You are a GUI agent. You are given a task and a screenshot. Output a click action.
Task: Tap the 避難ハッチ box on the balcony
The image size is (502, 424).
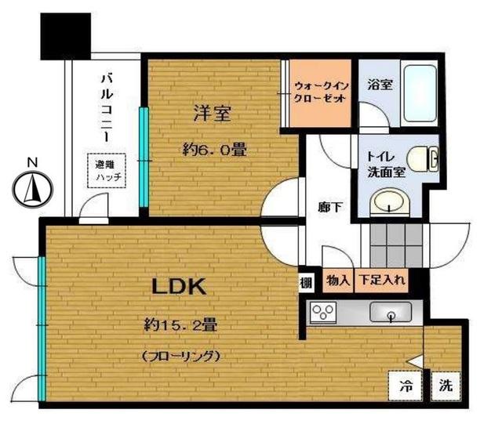click(104, 171)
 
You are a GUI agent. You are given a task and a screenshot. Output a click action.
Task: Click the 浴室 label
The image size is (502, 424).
click(380, 85)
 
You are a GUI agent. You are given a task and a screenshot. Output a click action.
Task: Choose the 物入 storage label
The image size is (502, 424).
click(338, 279)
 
